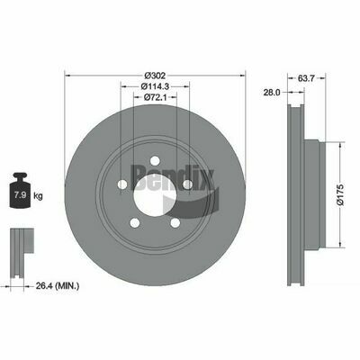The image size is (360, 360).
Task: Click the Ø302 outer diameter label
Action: (x=155, y=76)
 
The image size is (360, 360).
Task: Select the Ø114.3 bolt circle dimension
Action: (x=155, y=86)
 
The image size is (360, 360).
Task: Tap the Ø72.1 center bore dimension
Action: (x=155, y=97)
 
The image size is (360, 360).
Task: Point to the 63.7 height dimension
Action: (x=306, y=78)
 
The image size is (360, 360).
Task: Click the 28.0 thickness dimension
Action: (x=272, y=93)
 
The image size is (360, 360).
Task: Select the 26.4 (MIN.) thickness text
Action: (x=58, y=286)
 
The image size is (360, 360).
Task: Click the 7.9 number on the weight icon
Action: (x=20, y=195)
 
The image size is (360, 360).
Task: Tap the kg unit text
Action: (x=38, y=196)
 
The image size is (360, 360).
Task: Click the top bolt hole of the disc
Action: (x=155, y=160)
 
